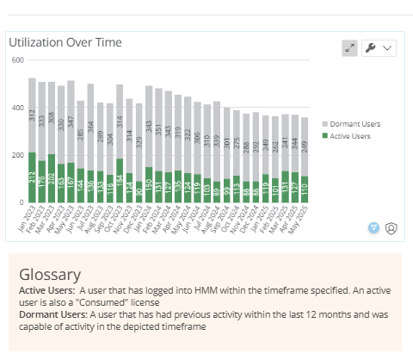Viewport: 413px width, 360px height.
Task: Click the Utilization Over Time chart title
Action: tap(65, 42)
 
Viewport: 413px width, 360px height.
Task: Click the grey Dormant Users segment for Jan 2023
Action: tap(32, 115)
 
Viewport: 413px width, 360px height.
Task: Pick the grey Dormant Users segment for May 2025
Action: tap(304, 146)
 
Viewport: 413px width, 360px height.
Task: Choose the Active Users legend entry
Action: tap(350, 135)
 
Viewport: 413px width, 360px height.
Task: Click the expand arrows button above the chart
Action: tap(349, 48)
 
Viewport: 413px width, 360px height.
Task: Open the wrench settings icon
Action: tap(371, 48)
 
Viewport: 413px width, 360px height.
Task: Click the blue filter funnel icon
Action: tap(374, 227)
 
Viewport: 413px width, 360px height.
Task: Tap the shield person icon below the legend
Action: tap(391, 227)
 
